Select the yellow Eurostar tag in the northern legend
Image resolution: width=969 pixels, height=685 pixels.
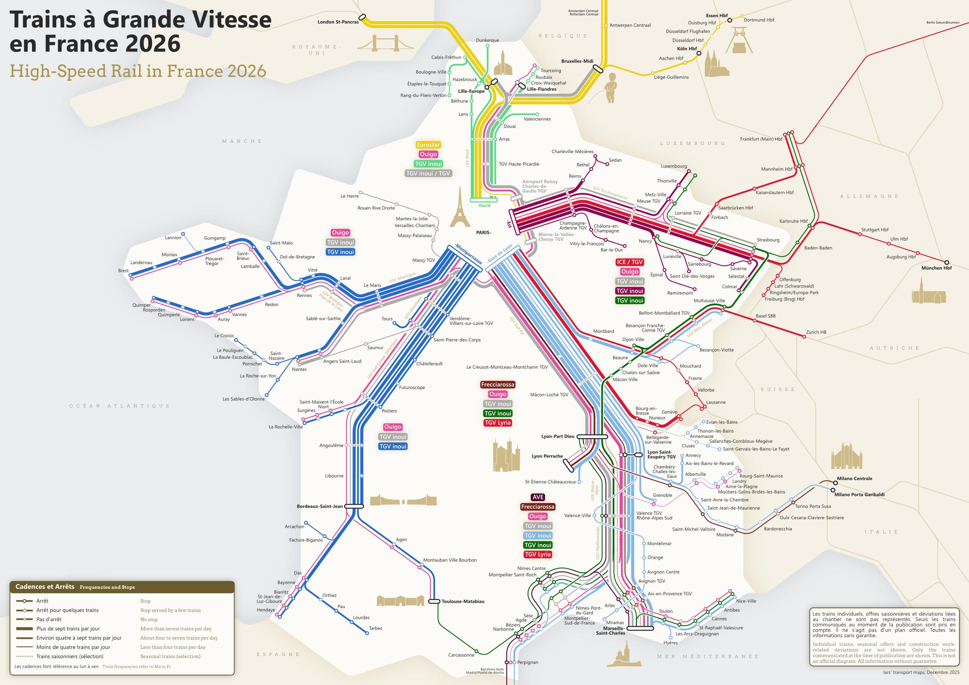pyautogui.click(x=428, y=145)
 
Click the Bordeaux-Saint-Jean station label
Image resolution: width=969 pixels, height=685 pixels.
pyautogui.click(x=320, y=506)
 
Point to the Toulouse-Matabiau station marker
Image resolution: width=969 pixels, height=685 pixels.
pyautogui.click(x=434, y=601)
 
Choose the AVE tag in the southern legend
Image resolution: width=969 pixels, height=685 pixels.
pyautogui.click(x=538, y=497)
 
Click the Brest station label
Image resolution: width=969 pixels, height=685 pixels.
pyautogui.click(x=123, y=271)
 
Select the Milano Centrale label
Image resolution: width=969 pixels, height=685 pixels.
pyautogui.click(x=854, y=478)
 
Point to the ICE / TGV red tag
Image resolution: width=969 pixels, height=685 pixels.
pyautogui.click(x=629, y=262)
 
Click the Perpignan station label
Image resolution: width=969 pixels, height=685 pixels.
pyautogui.click(x=528, y=662)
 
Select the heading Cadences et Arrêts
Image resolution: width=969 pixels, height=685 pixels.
pyautogui.click(x=45, y=587)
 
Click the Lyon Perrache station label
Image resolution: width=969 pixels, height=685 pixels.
pyautogui.click(x=547, y=456)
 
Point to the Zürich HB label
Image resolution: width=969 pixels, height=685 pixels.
pyautogui.click(x=816, y=332)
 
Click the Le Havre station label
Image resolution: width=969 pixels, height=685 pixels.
pyautogui.click(x=350, y=196)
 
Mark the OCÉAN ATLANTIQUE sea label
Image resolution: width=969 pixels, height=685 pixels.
pyautogui.click(x=119, y=406)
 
